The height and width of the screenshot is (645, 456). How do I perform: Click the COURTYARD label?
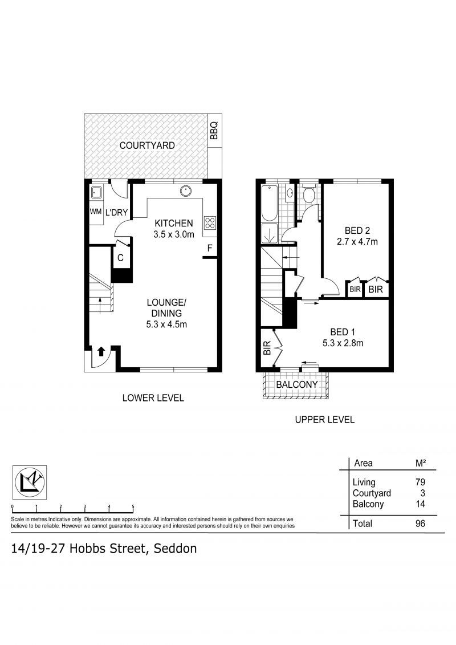147,145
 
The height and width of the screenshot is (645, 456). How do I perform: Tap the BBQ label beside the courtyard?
214,131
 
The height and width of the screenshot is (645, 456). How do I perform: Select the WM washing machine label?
95,212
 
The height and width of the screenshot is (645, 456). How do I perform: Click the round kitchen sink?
185,191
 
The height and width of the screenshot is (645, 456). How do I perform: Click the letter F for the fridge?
210,248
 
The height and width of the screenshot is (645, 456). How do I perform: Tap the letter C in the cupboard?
120,258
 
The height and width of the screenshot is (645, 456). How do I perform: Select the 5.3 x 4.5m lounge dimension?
166,324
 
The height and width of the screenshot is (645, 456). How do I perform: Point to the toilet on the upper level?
308,193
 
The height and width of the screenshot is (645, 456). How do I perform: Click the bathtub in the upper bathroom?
270,202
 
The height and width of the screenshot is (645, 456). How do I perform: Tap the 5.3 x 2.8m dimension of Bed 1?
343,343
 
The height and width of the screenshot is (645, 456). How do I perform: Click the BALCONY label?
297,384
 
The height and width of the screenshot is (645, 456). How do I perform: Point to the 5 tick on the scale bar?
133,507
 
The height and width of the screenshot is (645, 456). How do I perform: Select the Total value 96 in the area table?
420,524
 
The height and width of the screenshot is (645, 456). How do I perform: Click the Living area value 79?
420,482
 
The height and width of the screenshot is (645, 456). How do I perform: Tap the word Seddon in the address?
175,549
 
